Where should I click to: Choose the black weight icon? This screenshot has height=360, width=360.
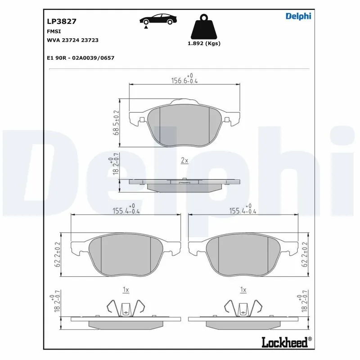coord(203,27)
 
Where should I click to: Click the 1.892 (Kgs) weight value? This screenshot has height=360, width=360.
coord(204,44)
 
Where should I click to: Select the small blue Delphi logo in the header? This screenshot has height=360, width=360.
coord(298,16)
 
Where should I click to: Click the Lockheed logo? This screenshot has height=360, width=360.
coord(284,342)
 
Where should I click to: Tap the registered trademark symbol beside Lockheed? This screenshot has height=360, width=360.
coord(309,339)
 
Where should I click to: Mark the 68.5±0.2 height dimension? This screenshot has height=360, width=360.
coord(116,122)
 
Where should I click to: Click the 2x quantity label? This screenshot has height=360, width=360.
coord(184,160)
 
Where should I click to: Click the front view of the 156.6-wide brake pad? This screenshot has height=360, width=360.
coord(184,124)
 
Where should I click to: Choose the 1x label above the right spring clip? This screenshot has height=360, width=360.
coord(243,290)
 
